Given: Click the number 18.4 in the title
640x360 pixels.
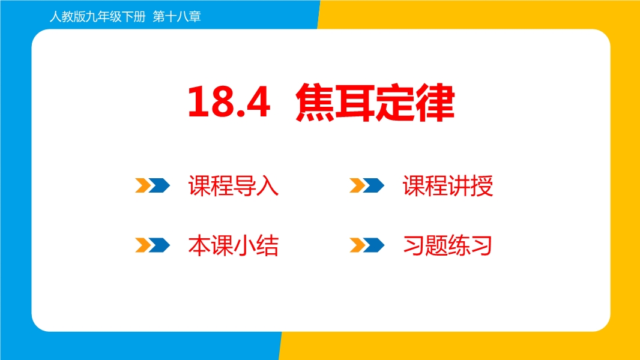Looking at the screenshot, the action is [229, 102].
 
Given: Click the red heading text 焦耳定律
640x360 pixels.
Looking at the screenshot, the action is [375, 103].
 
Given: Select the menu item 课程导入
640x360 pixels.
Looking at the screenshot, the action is [233, 186].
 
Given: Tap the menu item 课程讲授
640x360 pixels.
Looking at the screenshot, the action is [448, 186].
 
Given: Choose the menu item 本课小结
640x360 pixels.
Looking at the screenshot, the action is [233, 245].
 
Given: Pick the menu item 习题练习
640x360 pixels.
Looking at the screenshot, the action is [447, 245].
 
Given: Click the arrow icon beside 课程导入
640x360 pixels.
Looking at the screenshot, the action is [152, 185].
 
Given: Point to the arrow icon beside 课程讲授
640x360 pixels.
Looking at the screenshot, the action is [367, 185].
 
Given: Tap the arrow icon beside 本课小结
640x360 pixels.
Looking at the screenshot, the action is [152, 245].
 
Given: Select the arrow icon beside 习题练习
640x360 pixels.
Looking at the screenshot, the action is [367, 245].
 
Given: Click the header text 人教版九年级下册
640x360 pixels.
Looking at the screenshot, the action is [97, 17].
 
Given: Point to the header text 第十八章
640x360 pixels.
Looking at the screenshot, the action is [177, 17].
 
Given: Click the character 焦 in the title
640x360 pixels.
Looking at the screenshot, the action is [315, 103].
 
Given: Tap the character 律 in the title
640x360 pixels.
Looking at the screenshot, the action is [435, 103].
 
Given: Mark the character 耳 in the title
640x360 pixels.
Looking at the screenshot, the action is [355, 103].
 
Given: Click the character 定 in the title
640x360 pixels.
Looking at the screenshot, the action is [394, 103].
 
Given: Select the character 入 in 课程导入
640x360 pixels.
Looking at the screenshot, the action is [267, 186].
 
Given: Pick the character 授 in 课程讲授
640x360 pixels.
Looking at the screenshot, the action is [482, 186].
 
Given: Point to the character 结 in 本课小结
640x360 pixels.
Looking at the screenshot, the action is [267, 245].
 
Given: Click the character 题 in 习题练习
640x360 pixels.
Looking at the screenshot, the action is [436, 245].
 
